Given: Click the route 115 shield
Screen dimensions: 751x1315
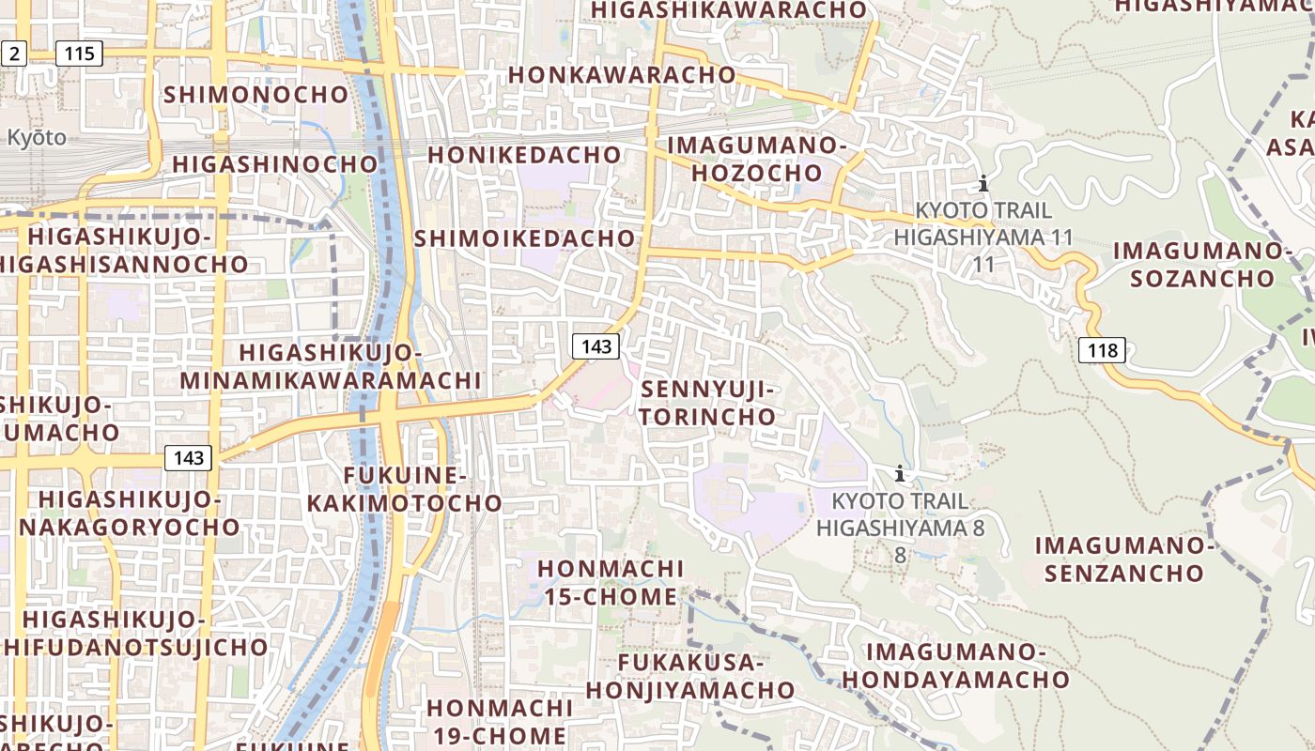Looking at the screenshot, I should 79,54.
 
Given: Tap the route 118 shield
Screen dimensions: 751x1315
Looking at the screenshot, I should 1102,351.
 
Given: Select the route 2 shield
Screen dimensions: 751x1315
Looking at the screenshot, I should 13,54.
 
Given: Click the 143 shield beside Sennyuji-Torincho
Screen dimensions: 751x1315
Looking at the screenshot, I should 596,346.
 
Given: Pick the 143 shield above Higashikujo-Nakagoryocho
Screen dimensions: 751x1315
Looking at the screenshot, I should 188,458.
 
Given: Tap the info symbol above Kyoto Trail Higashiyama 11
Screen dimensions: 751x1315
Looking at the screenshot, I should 982,183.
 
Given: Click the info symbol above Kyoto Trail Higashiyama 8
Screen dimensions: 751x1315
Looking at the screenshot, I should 900,473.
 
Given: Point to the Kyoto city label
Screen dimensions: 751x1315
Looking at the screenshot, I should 37,137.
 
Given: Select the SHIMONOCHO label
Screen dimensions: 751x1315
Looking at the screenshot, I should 256,95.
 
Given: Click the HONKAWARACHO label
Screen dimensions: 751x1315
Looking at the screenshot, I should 622,74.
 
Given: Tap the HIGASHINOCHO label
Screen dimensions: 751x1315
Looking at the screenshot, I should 275,164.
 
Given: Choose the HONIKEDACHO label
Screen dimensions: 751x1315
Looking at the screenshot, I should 525,154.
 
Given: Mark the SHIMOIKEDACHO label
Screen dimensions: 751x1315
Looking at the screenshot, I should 525,238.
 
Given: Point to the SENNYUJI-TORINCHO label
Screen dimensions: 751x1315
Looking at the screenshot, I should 709,403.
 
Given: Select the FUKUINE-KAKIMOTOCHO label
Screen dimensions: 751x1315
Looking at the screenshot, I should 405,489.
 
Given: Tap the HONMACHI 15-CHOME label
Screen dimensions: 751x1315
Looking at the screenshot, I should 611,582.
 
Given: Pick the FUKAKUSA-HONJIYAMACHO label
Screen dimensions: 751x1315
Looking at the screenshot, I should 690,676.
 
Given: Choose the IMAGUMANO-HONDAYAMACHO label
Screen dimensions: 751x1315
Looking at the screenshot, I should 956,666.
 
